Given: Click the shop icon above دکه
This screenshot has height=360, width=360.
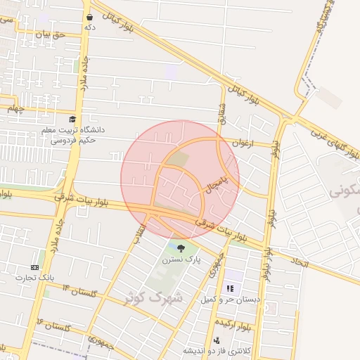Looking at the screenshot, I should pos(89,17).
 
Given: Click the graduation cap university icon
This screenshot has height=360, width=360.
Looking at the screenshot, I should pos(73,120).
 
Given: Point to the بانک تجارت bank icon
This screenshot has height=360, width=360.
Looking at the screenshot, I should pos(35,268).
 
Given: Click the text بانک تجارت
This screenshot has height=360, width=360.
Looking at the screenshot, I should pos(37,278).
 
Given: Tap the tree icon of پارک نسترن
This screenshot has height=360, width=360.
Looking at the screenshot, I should pos(182,247).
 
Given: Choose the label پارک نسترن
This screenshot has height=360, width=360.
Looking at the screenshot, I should pos(183,259).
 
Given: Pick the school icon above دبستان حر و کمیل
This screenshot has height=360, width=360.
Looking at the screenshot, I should pos(229,288).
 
